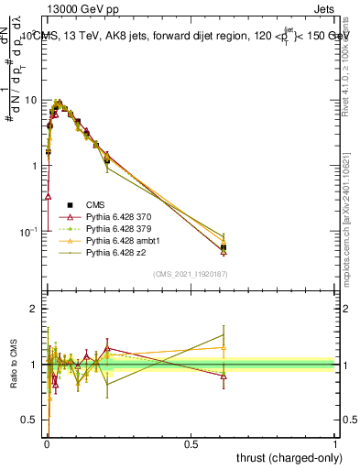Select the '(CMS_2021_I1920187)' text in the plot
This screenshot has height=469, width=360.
(191, 273)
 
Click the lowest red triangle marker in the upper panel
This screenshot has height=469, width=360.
(48, 195)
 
